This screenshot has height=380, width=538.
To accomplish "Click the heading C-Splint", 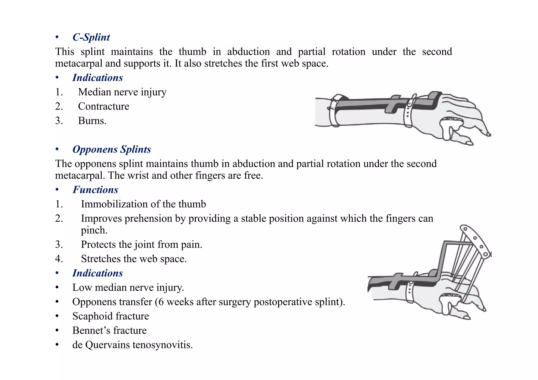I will [x=91, y=37].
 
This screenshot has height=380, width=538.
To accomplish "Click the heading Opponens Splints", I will [x=111, y=149].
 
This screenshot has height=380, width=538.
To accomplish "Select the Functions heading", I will [x=95, y=190].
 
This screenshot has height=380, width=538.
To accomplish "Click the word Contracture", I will [x=104, y=106].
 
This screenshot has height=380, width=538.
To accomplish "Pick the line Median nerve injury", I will [x=122, y=92].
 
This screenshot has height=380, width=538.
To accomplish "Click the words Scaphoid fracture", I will [x=111, y=316].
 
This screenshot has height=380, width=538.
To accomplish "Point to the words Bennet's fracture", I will [x=109, y=330].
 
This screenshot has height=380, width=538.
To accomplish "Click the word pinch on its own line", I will [x=94, y=230].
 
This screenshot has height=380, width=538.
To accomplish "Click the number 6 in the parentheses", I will [x=161, y=302].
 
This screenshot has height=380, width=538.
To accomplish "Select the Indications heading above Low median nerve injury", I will [x=97, y=273].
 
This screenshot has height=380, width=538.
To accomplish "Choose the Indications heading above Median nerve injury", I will [x=97, y=78].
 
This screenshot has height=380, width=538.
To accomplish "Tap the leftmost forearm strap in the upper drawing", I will [x=334, y=110].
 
